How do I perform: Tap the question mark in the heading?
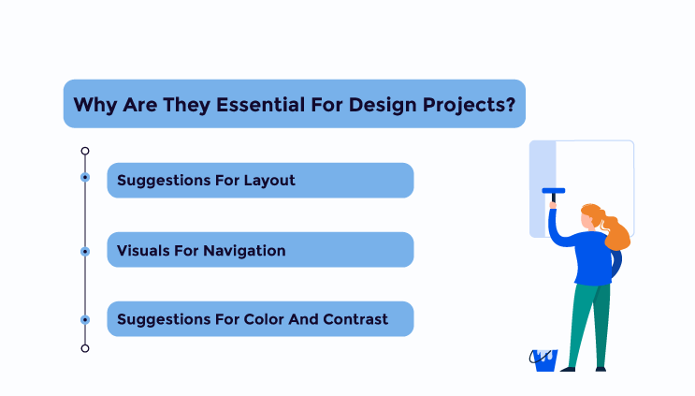[x=511, y=105]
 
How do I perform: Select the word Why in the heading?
[x=95, y=106]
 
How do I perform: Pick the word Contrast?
[x=355, y=319]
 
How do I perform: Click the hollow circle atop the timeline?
[x=85, y=152]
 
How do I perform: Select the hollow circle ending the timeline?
[x=85, y=348]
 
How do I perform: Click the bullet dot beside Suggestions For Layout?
[x=85, y=177]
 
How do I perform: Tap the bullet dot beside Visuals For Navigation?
[x=85, y=252]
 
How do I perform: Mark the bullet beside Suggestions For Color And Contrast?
[x=85, y=320]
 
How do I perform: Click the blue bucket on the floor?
[x=544, y=360]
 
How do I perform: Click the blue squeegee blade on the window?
[x=554, y=191]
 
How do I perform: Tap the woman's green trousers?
[x=589, y=326]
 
